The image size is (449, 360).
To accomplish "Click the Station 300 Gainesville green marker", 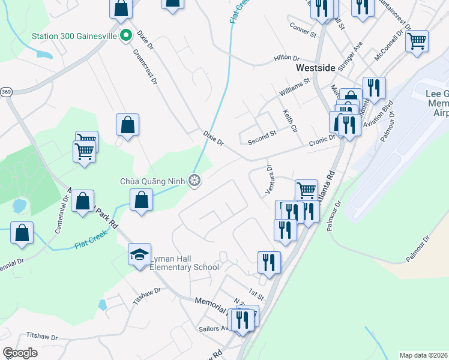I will click(x=125, y=35).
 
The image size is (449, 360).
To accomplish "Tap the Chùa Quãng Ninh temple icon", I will click(x=194, y=179).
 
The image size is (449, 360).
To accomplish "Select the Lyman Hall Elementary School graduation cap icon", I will click(x=139, y=254).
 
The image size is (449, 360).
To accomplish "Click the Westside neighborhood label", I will click(x=315, y=68).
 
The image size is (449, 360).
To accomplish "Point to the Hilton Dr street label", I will click(x=286, y=58).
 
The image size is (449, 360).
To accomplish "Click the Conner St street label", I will click(x=302, y=30).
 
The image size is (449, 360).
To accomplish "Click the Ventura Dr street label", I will click(x=270, y=179).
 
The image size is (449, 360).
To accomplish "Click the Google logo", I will click(x=20, y=353).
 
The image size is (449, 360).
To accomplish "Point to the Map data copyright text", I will click(x=424, y=355).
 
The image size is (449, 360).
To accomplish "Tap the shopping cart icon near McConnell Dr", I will click(x=417, y=41).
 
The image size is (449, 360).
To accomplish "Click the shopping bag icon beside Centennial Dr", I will click(x=22, y=232).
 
